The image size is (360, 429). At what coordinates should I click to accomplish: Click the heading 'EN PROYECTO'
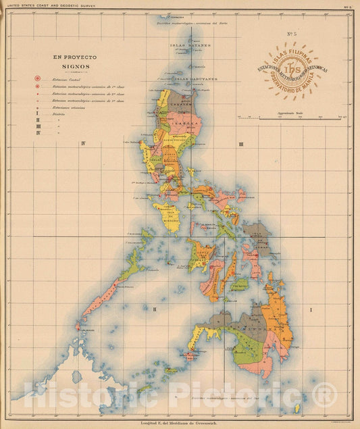[x=76, y=59]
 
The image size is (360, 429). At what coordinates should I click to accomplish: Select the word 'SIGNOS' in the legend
[x=76, y=68]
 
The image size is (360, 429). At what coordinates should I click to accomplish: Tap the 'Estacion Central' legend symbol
[x=38, y=79]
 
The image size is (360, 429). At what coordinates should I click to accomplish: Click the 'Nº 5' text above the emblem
[x=292, y=33]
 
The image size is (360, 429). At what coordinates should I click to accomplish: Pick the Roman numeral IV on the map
[x=82, y=143]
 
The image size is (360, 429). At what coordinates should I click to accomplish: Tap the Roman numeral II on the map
[x=154, y=309]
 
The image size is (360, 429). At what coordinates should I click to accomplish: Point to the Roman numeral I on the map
[x=311, y=309]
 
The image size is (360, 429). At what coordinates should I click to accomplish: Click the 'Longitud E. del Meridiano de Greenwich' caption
[x=180, y=424]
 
